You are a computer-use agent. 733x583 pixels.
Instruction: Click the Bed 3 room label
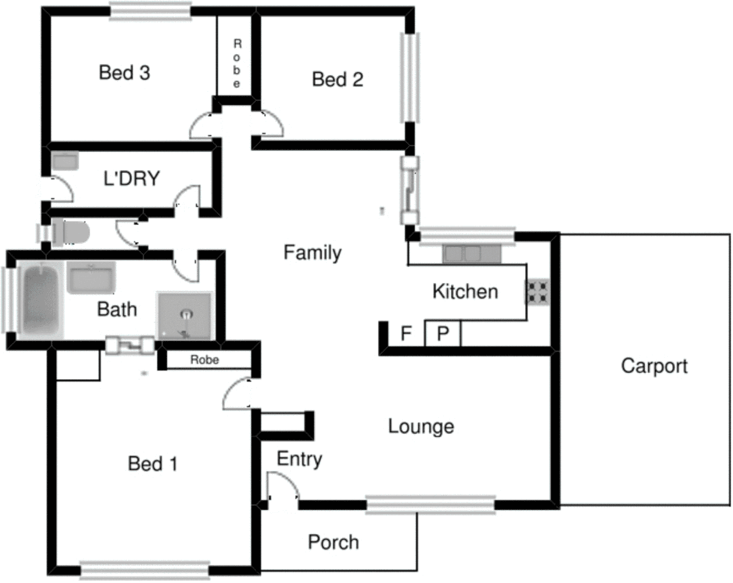pos(124,72)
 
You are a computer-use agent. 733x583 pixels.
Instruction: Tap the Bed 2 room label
pos(337,79)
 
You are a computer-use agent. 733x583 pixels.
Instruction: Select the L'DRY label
pos(132,178)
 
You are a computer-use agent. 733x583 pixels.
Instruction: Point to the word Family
pos(313,252)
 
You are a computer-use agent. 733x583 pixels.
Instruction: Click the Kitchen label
pos(465,291)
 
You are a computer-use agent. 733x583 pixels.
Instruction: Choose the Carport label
pos(654,366)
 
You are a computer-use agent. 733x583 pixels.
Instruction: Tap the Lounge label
pos(421,426)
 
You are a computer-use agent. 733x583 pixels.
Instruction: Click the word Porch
pos(333,542)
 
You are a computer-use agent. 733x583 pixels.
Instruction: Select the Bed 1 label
pos(152,463)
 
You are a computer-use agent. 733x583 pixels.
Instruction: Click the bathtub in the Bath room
pos(40,299)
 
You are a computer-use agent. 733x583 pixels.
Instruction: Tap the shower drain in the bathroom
pos(186,313)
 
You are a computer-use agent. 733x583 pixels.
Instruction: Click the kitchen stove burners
pos(538,291)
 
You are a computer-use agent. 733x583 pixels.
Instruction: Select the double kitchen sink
pos(462,254)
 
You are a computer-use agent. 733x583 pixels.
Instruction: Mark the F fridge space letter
pos(406,334)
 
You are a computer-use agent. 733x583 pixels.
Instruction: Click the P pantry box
pos(443,334)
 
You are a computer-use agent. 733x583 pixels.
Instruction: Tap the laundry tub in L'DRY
pos(65,161)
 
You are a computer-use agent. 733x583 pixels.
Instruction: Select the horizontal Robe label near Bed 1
pos(205,360)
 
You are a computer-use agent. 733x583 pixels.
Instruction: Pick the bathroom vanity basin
pos(91,277)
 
